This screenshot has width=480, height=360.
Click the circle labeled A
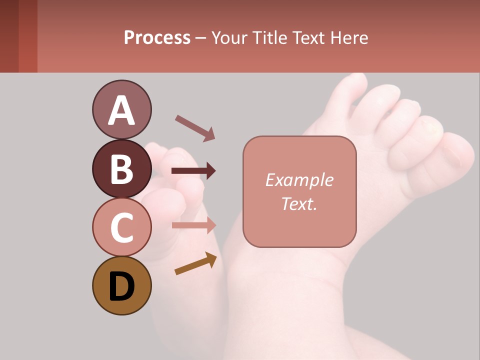coord(121,109)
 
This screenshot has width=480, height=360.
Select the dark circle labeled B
coord(121,168)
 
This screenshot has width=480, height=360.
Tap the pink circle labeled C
coord(121,227)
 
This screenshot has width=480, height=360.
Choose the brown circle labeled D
coord(121,285)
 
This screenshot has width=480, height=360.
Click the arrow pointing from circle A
coord(195,127)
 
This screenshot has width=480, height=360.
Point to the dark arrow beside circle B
coord(193,171)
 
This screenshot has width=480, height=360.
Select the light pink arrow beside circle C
coord(193,225)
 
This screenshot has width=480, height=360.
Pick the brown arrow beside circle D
coord(195,264)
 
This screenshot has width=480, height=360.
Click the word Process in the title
coord(157,37)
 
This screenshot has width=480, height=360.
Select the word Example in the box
coord(299,180)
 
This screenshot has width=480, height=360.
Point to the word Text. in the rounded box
coord(299,203)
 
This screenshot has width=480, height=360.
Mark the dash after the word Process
coord(200,38)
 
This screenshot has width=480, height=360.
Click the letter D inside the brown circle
coord(121,287)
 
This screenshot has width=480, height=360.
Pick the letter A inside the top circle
coord(121,110)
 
